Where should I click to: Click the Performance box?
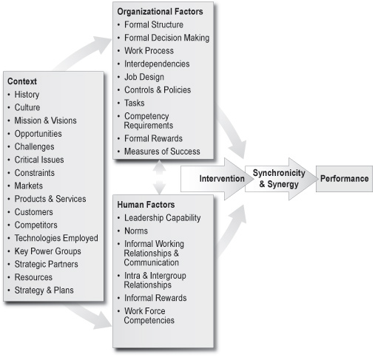coord(344,179)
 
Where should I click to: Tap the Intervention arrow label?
coord(222,179)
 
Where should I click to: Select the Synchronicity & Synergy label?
coord(279,179)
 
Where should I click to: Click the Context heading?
coord(22,81)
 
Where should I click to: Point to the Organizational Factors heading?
coord(160,12)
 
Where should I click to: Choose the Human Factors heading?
coord(146,205)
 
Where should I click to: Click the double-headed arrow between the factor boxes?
coord(159,177)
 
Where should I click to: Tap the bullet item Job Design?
coord(144,77)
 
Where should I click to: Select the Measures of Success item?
coord(162,152)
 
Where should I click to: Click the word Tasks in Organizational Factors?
coord(135,103)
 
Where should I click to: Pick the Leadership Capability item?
coord(162,218)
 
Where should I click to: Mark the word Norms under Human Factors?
coord(136,231)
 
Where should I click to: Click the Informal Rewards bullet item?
coord(155,298)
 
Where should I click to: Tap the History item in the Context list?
coord(27,95)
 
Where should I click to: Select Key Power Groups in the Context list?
coord(47,251)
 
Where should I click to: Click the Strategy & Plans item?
coord(44,291)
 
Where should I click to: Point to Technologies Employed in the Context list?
coord(56,238)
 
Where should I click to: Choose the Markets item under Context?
coord(29,186)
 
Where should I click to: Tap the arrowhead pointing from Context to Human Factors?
coord(103,321)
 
